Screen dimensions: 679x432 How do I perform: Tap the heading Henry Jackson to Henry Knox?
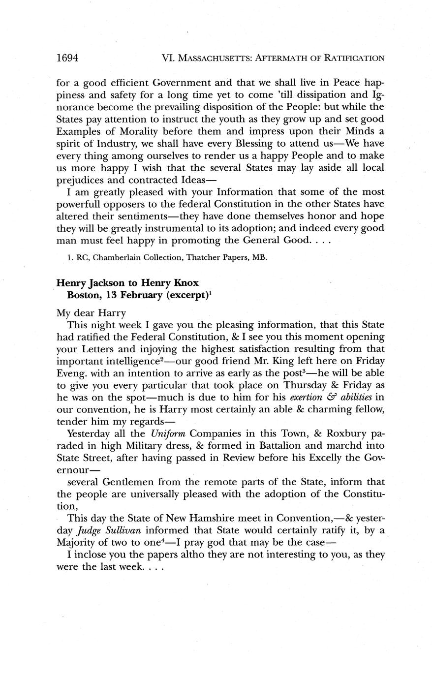click(127, 283)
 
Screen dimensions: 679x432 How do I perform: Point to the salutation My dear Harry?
click(92, 312)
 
